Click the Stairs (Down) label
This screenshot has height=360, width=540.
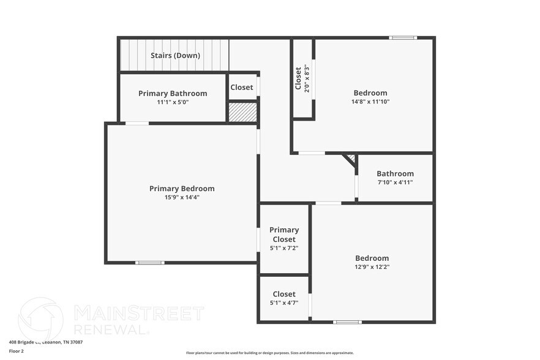(175, 56)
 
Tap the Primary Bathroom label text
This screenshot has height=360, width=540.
(173, 94)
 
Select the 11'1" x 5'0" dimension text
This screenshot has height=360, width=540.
(173, 102)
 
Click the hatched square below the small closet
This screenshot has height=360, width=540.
(242, 112)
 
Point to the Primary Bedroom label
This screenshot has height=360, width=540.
(182, 189)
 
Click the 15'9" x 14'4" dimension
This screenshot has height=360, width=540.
(182, 197)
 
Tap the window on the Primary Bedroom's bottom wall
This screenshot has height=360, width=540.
(149, 263)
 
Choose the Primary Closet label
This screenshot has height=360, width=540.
(284, 234)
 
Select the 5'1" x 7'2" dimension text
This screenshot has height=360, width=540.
(284, 248)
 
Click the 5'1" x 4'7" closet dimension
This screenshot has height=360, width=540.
(284, 302)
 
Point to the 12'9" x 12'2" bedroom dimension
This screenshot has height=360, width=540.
(372, 267)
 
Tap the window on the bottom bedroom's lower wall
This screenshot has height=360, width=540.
(347, 321)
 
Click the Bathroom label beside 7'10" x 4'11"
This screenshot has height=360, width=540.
(395, 174)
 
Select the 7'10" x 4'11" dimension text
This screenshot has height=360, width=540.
(395, 182)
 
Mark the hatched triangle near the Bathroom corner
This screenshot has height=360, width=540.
(351, 159)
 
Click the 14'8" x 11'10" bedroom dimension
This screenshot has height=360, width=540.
(370, 102)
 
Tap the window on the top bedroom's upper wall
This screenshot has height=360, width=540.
(403, 38)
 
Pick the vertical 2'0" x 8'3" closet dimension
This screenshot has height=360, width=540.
(307, 78)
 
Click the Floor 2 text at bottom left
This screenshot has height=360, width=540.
(16, 351)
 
